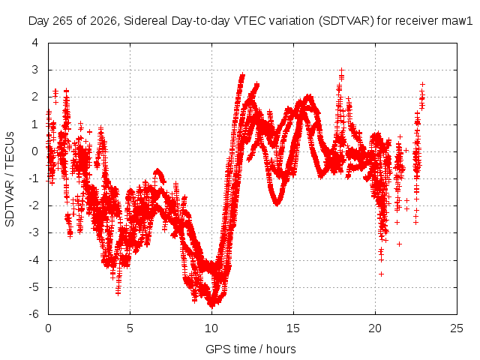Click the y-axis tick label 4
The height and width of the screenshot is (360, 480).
tap(35, 43)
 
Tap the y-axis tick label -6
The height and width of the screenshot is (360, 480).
tap(34, 314)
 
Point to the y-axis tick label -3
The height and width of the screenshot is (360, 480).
tap(34, 232)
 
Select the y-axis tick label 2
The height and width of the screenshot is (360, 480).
tap(35, 97)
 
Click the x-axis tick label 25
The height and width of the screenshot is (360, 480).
tap(457, 328)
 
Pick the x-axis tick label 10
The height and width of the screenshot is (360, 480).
tap(211, 328)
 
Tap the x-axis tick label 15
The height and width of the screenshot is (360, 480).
tap(293, 328)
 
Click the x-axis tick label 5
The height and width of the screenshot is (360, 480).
tap(130, 328)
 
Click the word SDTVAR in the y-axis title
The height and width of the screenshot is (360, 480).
tap(10, 204)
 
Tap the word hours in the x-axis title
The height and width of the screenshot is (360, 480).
tap(280, 349)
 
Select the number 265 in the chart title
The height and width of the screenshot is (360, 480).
tap(63, 21)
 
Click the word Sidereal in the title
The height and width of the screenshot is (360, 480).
tap(146, 21)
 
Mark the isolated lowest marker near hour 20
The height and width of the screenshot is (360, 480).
tap(381, 274)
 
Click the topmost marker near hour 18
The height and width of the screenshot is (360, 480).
tap(342, 70)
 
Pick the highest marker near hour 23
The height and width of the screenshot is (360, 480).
tap(422, 84)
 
